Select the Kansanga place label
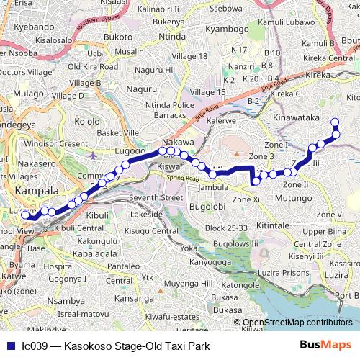point(134,297)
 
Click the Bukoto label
point(118,36)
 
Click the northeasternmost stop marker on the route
point(334,122)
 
